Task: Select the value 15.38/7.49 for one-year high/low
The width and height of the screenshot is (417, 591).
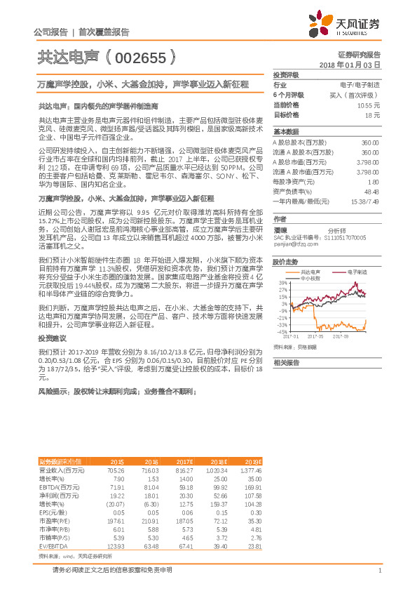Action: (364, 201)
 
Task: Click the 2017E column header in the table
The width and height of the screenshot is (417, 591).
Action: (185, 461)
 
